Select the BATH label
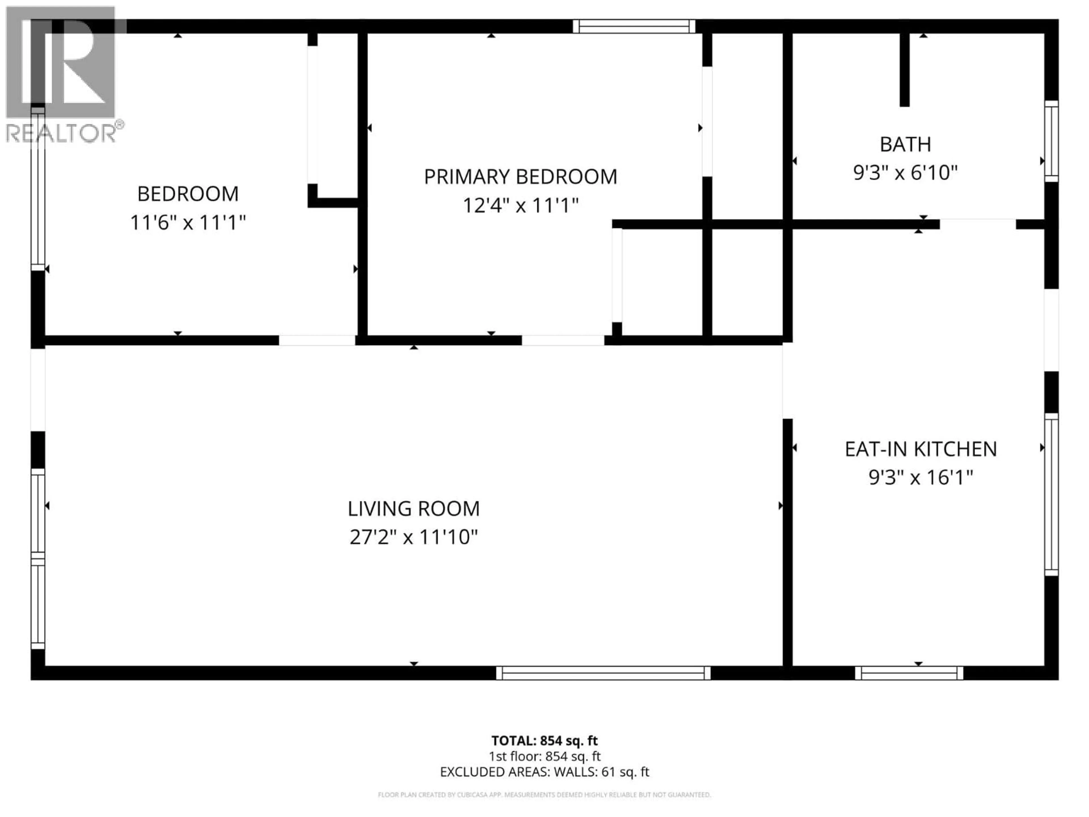coord(905,144)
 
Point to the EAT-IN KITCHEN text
coord(921,448)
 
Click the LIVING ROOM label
coord(413,508)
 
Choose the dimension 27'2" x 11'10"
coord(413,537)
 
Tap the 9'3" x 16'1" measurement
coord(921,477)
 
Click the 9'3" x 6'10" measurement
coord(905,173)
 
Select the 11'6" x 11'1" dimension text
coord(187,223)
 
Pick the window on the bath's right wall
coord(1051,141)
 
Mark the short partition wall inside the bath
coord(904,69)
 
